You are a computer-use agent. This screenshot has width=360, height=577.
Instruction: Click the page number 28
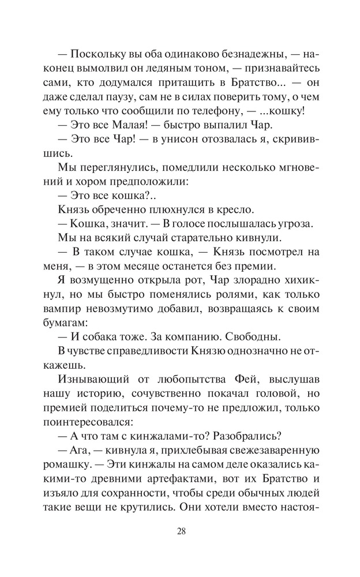[180, 531]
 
